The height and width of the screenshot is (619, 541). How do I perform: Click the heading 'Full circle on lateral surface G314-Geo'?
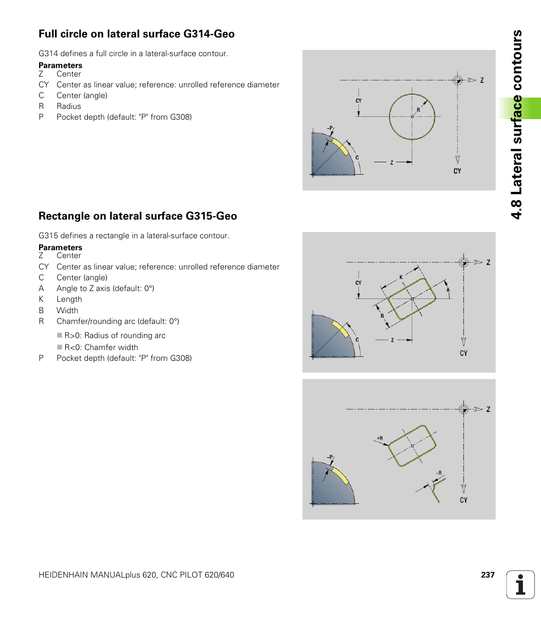tap(137, 34)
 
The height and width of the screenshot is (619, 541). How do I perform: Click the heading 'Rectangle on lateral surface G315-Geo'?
tap(138, 216)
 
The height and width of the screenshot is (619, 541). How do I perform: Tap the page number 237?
tap(488, 575)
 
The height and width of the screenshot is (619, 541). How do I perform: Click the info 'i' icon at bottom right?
tap(521, 585)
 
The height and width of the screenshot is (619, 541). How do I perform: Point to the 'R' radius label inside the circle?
tap(419, 110)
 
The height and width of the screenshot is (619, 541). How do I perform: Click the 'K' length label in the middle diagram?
tap(401, 277)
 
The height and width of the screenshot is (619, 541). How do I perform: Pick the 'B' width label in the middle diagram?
tap(382, 315)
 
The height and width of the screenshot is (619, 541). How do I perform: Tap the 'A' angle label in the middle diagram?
tap(448, 290)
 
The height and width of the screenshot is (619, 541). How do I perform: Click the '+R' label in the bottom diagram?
tap(379, 438)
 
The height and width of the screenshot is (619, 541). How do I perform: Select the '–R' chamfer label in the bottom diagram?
tap(438, 473)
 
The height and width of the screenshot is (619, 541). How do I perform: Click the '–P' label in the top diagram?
tap(330, 128)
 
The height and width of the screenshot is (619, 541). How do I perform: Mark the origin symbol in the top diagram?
tap(458, 80)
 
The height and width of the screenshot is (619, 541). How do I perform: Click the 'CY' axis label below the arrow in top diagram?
tap(457, 171)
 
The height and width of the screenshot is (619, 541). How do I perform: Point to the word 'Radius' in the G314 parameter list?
tap(69, 106)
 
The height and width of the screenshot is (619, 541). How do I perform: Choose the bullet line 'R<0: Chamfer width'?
tap(101, 347)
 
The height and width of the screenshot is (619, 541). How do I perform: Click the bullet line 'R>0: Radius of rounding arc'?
tap(115, 335)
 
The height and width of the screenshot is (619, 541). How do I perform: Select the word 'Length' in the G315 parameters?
tap(69, 299)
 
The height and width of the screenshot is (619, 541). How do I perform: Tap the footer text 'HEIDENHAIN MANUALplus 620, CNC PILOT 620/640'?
tap(136, 575)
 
